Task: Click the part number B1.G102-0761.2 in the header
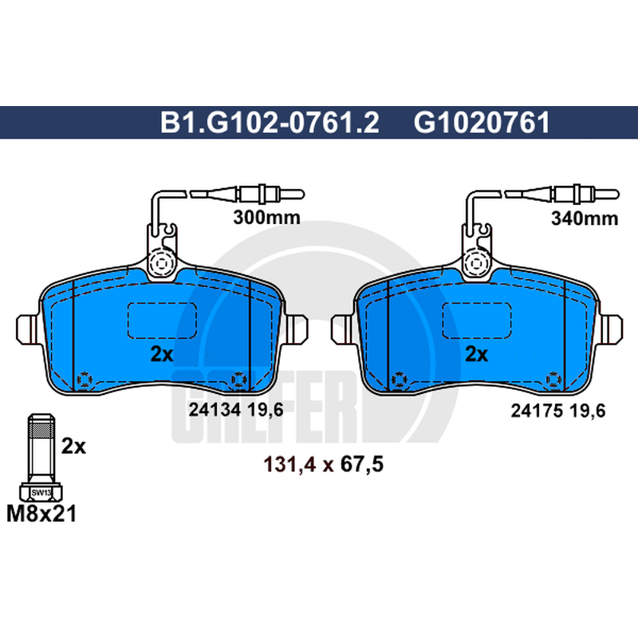pyautogui.click(x=270, y=123)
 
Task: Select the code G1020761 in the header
pyautogui.click(x=482, y=123)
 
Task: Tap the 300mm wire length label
pyautogui.click(x=266, y=218)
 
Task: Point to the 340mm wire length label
pyautogui.click(x=585, y=219)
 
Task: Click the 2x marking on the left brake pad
pyautogui.click(x=162, y=354)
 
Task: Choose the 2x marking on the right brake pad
pyautogui.click(x=476, y=354)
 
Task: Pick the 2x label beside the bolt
pyautogui.click(x=73, y=447)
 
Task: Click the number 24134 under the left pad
pyautogui.click(x=215, y=410)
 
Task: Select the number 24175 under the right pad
pyautogui.click(x=537, y=411)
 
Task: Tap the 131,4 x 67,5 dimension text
pyautogui.click(x=324, y=464)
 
